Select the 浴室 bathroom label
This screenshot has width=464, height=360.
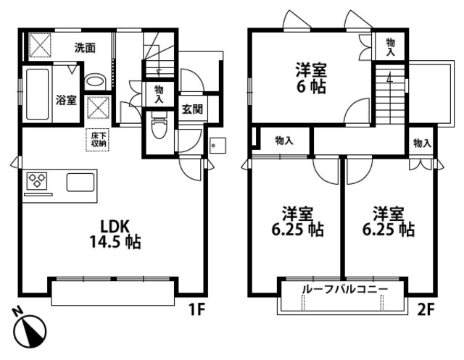[x=66, y=100]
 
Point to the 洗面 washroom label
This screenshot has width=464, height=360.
[x=85, y=49]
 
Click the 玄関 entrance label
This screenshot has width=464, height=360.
[x=191, y=109]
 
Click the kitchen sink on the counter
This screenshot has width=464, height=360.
[x=80, y=182]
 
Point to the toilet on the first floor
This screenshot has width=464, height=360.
[x=158, y=130]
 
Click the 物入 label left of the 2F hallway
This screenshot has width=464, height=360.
[x=283, y=141]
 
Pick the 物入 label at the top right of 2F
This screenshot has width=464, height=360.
[x=390, y=47]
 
